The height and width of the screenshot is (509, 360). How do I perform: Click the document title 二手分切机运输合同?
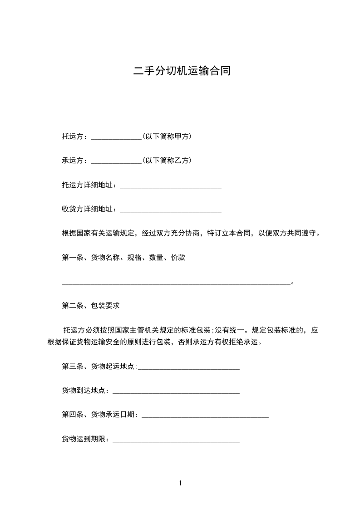click(x=182, y=71)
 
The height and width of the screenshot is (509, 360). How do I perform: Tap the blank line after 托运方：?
click(x=117, y=138)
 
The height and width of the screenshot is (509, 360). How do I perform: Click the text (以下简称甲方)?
click(x=167, y=136)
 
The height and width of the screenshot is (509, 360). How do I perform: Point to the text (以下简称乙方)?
click(x=167, y=161)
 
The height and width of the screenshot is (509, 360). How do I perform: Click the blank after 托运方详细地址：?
click(x=170, y=187)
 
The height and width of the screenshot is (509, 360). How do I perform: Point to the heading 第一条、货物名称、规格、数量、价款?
click(x=123, y=258)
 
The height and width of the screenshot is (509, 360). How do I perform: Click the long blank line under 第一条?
click(x=176, y=284)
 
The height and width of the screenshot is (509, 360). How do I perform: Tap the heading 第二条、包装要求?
click(x=90, y=306)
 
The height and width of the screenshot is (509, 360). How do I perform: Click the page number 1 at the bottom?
click(x=180, y=484)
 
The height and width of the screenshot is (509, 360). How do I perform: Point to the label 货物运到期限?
click(x=84, y=439)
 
